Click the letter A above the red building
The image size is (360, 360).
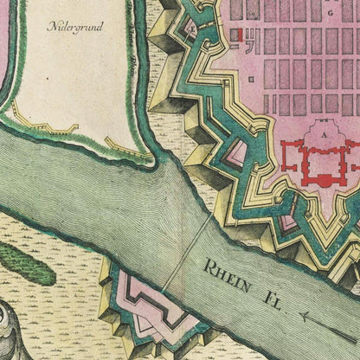[x=299, y=136]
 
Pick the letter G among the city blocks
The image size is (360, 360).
[x=331, y=15]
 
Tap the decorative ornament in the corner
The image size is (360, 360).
[x=17, y=333]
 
